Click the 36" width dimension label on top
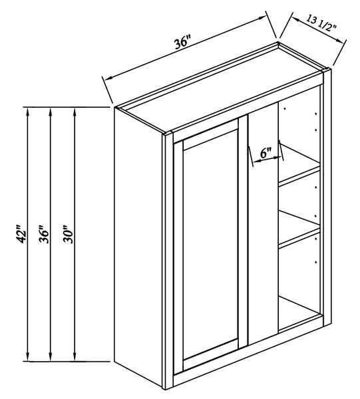[x=182, y=44]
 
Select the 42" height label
[x=21, y=234]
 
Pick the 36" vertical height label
[x=44, y=234]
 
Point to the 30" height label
[x=68, y=234]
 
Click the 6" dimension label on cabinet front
[x=266, y=153]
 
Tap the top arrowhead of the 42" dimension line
[x=28, y=112]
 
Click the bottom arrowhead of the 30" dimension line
[x=75, y=356]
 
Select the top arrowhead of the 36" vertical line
[x=50, y=112]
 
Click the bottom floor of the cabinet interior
[x=299, y=313]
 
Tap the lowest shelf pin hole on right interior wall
[x=315, y=262]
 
